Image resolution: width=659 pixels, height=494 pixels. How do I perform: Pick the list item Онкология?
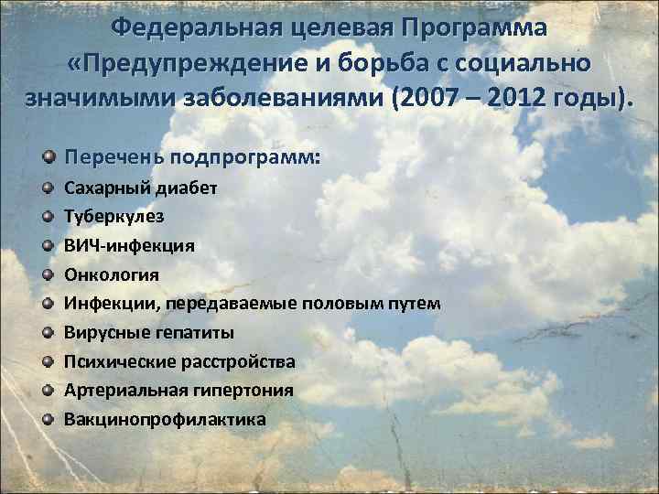(x=111, y=274)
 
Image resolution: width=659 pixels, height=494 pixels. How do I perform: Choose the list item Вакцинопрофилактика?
(x=166, y=420)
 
